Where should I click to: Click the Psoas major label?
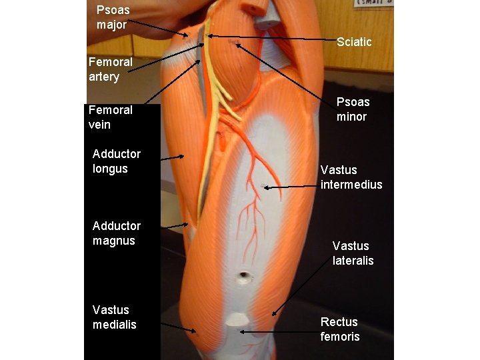[113, 17]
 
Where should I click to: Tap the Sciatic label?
[354, 42]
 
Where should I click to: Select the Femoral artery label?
[111, 69]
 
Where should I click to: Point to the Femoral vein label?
[111, 117]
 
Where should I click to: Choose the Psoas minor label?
[353, 109]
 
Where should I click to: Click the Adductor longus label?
[117, 161]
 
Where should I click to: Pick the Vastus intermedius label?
[351, 177]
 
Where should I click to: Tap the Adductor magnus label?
[117, 233]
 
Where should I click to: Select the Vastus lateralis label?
[353, 253]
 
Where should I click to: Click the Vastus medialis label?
[114, 317]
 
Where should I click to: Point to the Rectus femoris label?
[339, 329]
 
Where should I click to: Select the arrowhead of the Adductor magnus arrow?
[189, 225]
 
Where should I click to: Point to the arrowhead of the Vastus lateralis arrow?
[271, 315]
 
